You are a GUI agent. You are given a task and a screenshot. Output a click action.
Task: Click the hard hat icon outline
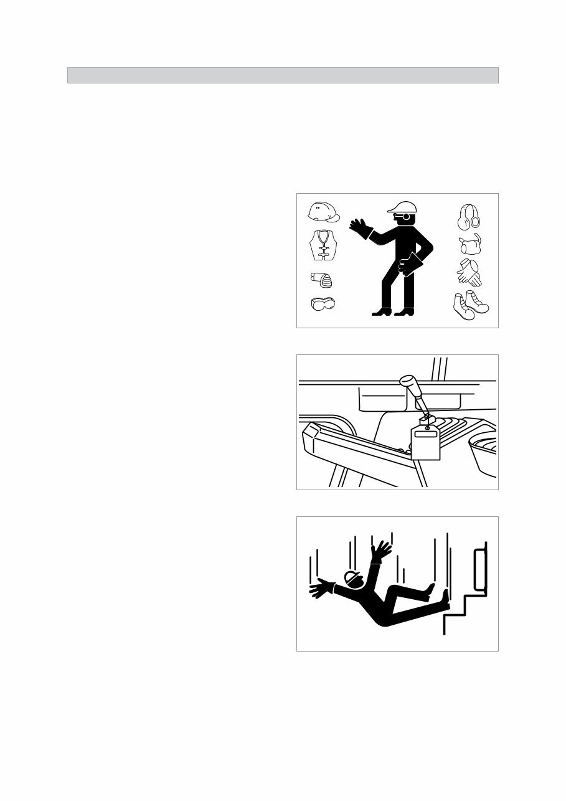(x=324, y=212)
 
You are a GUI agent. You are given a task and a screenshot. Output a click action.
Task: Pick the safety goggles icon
(x=324, y=305)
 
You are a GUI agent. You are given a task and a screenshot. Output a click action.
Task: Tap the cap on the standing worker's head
(x=400, y=207)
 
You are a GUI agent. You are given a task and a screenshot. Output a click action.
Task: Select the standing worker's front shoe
(x=382, y=311)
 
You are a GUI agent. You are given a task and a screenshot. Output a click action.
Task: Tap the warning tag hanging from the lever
(x=425, y=442)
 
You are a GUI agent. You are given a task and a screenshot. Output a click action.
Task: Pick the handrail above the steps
(x=481, y=568)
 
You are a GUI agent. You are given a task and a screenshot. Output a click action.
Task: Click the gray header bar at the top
(x=283, y=75)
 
